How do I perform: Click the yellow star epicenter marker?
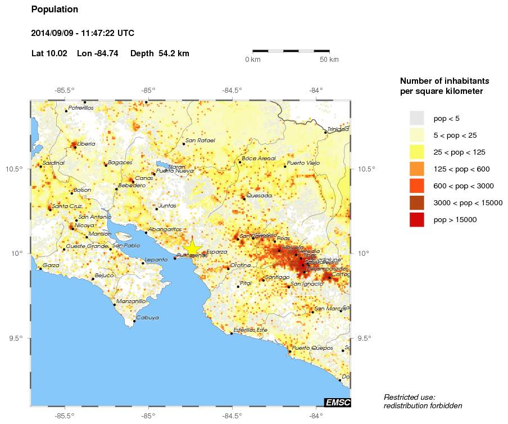pos(192,248)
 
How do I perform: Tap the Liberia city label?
pos(86,144)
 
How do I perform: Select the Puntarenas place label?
pos(192,256)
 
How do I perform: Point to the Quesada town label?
pos(259,196)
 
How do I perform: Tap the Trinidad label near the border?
pos(338,129)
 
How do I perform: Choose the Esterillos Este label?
pos(251,330)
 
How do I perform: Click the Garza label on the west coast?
pos(51,265)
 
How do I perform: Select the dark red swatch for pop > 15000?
pos(416,219)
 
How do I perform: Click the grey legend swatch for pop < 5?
pos(416,118)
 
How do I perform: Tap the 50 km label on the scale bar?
pos(329,60)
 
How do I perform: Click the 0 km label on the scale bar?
pos(252,60)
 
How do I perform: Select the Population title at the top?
pos(55,10)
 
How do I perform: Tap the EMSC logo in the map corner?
pos(337,402)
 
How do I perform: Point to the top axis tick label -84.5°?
pos(232,90)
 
